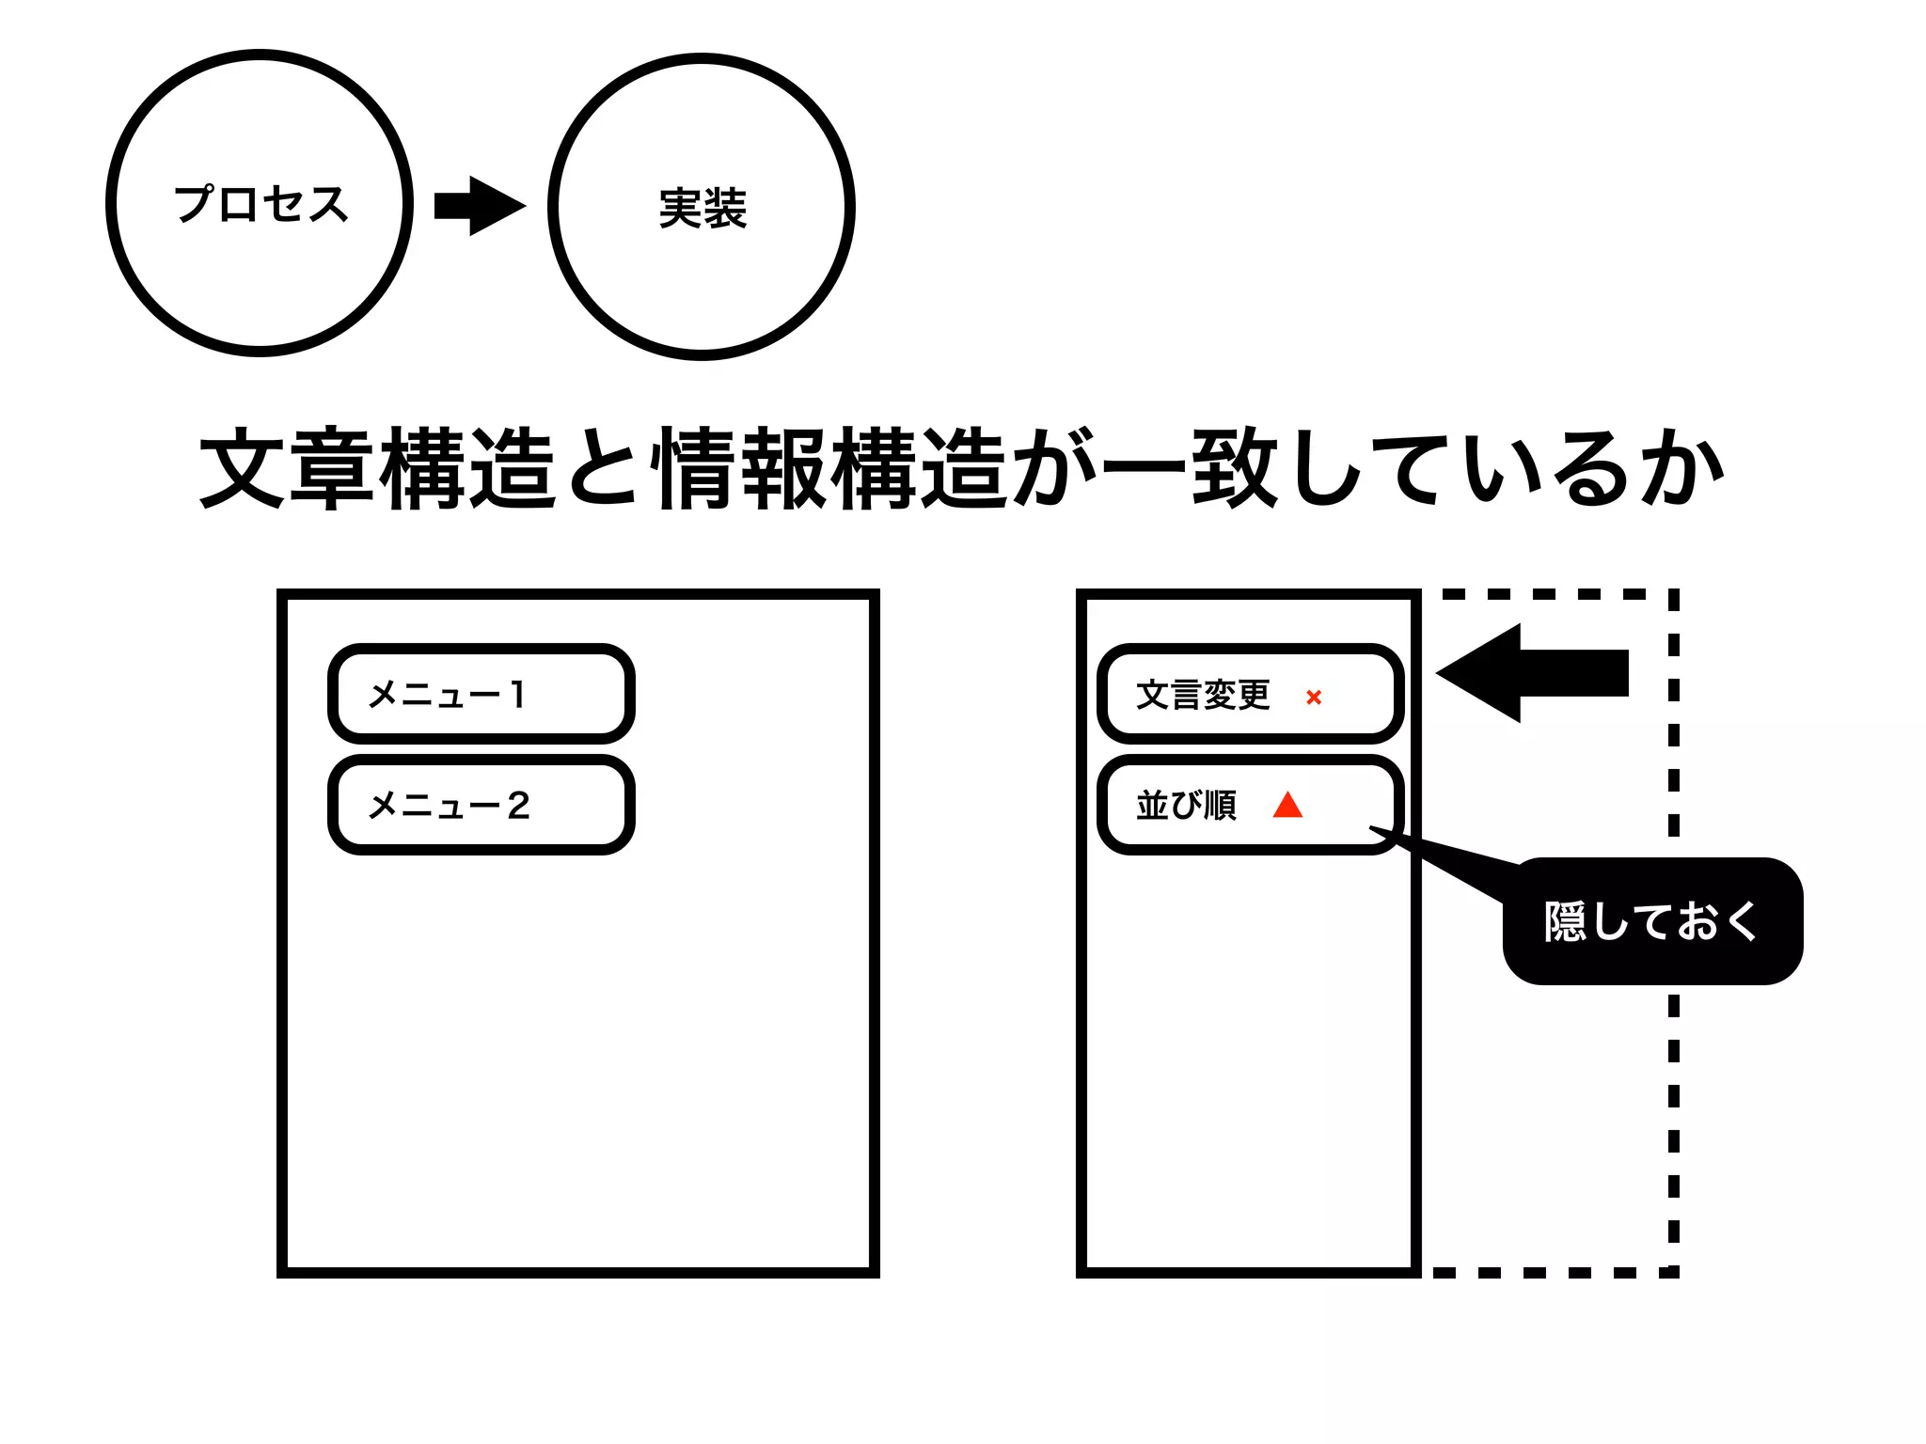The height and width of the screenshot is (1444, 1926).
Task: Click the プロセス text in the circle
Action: (260, 204)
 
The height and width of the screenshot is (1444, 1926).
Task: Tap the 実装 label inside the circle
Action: (703, 208)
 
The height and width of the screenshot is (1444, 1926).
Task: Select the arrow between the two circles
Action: (480, 205)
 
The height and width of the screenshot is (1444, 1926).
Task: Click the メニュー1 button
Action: (481, 694)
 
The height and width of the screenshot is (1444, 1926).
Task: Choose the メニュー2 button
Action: (481, 805)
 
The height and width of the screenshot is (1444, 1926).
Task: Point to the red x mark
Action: (1314, 697)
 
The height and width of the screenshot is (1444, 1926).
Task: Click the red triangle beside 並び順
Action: (1287, 806)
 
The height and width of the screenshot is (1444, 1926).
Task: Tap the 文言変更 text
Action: (1203, 695)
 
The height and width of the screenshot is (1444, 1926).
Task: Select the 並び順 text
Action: (1186, 806)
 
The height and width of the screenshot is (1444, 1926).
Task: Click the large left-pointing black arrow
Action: (1533, 673)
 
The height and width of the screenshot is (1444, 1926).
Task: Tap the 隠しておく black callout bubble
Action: (1652, 921)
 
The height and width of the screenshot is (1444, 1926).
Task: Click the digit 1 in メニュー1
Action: (516, 694)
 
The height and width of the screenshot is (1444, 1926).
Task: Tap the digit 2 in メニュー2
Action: (518, 805)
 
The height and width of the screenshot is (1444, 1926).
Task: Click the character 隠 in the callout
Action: (1566, 921)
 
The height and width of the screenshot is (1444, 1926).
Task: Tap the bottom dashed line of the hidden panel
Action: (1552, 1272)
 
